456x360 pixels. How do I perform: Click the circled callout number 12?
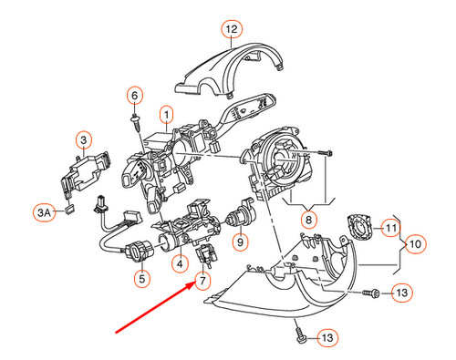[x=231, y=29]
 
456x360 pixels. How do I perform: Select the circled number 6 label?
[x=134, y=95]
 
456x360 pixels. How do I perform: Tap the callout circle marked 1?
[x=167, y=115]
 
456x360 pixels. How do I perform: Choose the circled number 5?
[x=141, y=277]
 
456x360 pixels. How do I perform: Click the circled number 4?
[x=181, y=264]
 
